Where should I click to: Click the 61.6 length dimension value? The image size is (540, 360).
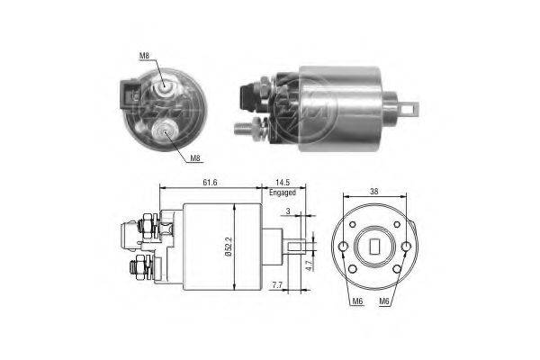pos(210,182)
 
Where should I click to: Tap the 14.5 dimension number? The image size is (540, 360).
pos(283,182)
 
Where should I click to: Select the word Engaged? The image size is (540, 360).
pos(283,193)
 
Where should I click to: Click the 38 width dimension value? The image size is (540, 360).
pos(374,191)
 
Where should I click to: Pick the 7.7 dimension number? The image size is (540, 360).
pos(277,285)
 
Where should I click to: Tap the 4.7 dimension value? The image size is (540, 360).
pos(309,265)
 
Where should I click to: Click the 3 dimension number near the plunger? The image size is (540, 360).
pos(288,211)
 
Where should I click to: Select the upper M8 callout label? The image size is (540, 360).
pos(144,56)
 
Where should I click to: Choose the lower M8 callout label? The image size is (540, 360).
pos(195,158)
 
